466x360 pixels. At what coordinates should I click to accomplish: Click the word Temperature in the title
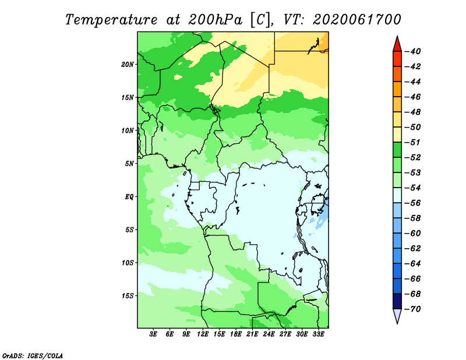point(111,20)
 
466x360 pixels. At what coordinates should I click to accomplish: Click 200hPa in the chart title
point(215,20)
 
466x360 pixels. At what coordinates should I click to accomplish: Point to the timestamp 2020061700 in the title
point(357,20)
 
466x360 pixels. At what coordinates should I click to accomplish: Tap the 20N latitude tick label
point(128,65)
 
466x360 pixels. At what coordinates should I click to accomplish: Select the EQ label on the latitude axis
point(129,197)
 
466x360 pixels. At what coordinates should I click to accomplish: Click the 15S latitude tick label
point(128,296)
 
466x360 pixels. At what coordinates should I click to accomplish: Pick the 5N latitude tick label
point(129,164)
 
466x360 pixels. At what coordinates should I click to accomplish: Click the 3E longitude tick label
point(153,334)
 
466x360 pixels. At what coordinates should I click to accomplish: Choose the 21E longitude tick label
point(252,334)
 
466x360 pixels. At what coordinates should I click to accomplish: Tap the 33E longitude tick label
point(318,334)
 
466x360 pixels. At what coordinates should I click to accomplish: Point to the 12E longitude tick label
point(203,334)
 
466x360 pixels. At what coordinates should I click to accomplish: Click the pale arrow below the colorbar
point(397,316)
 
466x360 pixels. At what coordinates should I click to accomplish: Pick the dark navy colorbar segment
point(397,301)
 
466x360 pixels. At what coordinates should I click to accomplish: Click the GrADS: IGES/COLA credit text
point(33,355)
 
